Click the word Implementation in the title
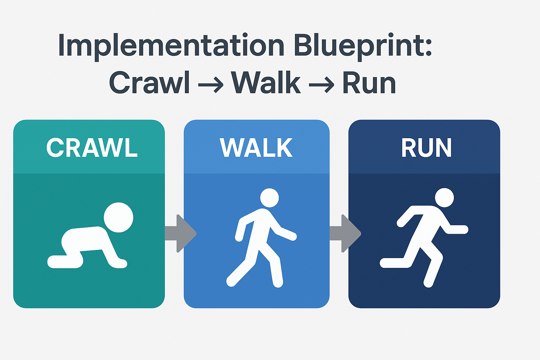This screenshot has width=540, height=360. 171,46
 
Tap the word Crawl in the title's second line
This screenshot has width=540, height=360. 149,83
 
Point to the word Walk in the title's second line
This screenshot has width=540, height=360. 266,83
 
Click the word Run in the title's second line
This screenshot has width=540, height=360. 369,83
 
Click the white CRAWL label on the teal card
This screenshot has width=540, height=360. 92,148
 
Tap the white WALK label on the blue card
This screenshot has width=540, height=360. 256,148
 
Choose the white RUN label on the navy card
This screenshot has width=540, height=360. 426,148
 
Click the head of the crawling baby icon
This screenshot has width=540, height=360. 118,217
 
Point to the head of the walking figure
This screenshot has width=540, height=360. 269,198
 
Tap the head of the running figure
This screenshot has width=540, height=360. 444,198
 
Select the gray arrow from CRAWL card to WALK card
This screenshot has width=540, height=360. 180,233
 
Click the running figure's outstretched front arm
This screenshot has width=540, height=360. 459,230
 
